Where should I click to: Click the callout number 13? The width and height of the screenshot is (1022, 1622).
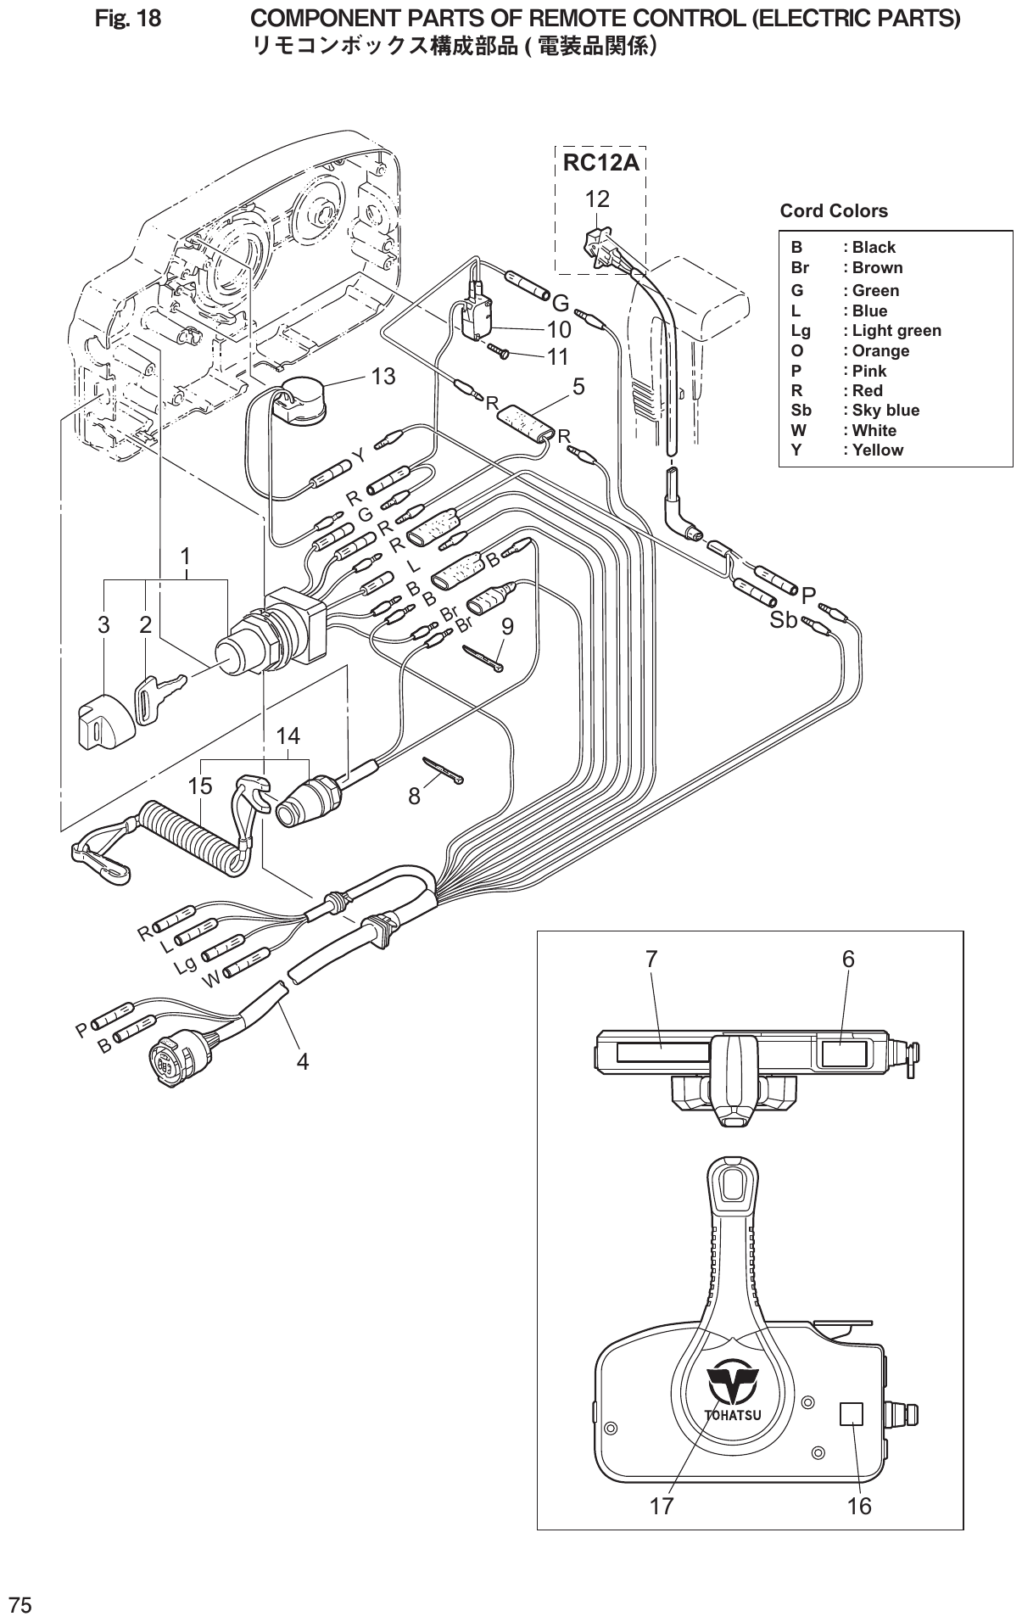click(x=383, y=377)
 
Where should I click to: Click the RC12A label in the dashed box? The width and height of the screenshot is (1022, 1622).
click(x=600, y=163)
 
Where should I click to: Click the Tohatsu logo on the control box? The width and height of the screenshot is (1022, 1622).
click(x=734, y=1387)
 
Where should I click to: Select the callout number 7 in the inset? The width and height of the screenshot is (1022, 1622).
click(x=651, y=959)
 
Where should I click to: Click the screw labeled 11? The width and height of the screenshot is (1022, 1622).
click(x=500, y=350)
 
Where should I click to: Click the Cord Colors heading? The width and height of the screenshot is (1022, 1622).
click(x=833, y=211)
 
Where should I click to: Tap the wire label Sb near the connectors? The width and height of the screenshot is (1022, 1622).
click(x=783, y=620)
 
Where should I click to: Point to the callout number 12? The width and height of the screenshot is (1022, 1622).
click(x=597, y=199)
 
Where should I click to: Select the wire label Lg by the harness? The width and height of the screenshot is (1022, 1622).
click(x=186, y=965)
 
